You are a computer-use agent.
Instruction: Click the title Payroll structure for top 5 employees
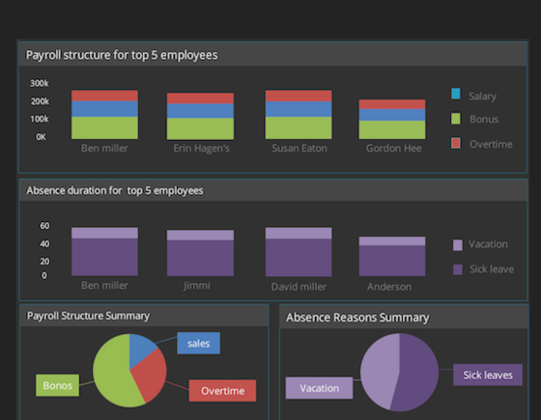(x=122, y=55)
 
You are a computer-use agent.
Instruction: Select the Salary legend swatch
(x=456, y=95)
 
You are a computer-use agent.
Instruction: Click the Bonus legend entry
(x=482, y=120)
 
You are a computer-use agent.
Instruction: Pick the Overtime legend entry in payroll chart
(x=490, y=144)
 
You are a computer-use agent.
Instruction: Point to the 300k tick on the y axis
(x=40, y=83)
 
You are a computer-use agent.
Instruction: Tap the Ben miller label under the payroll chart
(x=104, y=149)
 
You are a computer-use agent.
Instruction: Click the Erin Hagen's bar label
(x=200, y=149)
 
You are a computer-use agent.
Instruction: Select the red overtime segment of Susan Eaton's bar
(x=299, y=96)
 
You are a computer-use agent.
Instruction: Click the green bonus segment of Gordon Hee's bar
(x=392, y=129)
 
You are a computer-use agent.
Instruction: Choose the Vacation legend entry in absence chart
(x=488, y=244)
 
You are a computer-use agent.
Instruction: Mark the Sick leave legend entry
(x=491, y=269)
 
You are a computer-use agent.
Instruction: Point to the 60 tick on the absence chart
(x=44, y=226)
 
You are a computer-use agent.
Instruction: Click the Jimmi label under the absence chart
(x=197, y=286)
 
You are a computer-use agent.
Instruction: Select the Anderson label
(x=389, y=287)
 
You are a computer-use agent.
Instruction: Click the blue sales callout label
(x=199, y=343)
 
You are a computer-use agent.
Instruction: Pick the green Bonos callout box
(x=58, y=385)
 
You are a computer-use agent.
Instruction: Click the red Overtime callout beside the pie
(x=222, y=390)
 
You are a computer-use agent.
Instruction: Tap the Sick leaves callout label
(x=487, y=375)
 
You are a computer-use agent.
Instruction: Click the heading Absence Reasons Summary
(x=357, y=317)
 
